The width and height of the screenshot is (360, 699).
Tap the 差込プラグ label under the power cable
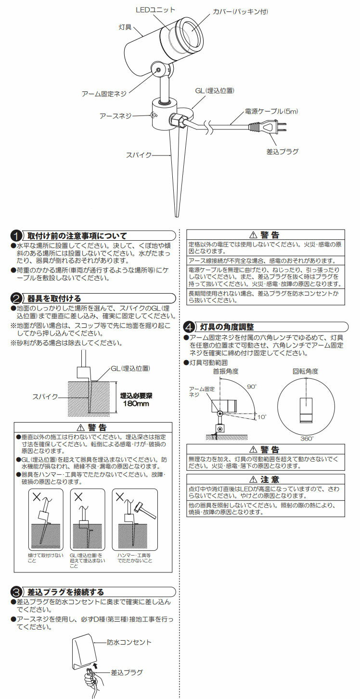(282, 151)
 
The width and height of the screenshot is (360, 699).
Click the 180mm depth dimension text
(137, 403)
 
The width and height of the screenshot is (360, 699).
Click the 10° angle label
(261, 417)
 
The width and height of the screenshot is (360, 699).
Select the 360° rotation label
(307, 439)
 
